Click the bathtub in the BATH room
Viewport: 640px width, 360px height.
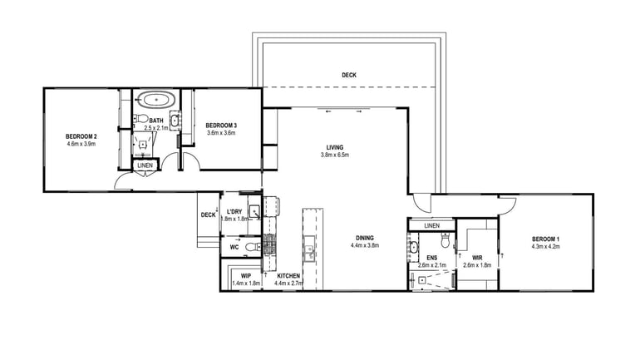pos(156,100)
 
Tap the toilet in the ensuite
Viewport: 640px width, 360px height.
pos(446,241)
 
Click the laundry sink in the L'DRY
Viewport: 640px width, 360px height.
pos(254,213)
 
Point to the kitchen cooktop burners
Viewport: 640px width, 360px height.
pos(269,243)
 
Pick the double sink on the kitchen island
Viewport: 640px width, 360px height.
pos(309,250)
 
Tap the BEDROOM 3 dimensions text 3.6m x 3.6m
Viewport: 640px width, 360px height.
pos(221,132)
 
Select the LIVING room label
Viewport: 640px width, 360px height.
pos(335,147)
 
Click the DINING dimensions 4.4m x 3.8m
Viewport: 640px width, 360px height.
pos(364,245)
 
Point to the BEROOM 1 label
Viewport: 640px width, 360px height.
pos(546,240)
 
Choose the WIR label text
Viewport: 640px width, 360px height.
pos(477,258)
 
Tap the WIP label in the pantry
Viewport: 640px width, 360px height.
pos(246,275)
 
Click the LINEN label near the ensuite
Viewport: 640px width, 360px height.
pos(431,225)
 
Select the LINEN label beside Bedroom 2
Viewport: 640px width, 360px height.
pos(145,165)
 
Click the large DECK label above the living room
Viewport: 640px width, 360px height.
pos(349,75)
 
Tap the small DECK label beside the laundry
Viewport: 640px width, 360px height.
pos(208,215)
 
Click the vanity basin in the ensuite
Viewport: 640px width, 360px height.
pos(413,246)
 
